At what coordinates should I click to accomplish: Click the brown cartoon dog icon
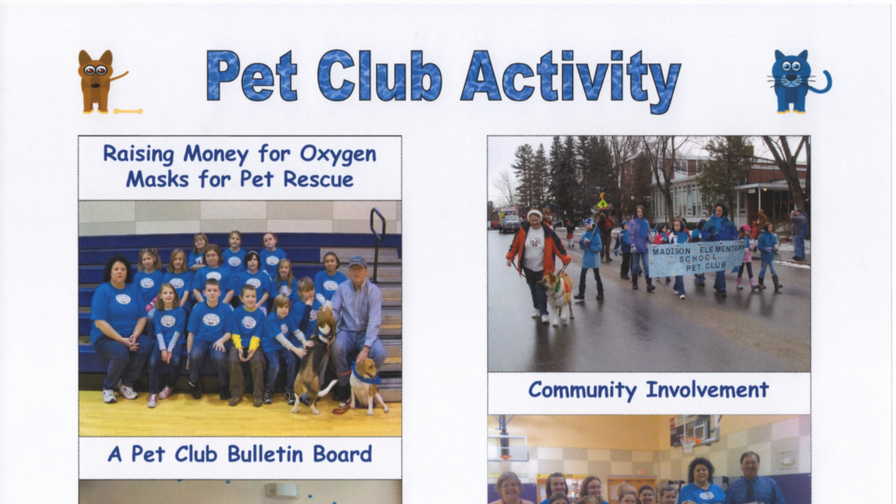click(98, 81)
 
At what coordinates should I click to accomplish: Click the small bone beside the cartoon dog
click(128, 111)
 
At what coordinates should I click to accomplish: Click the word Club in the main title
click(380, 76)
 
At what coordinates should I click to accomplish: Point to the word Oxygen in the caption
click(338, 154)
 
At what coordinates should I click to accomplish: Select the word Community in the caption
click(581, 390)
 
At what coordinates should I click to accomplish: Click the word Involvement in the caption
click(707, 390)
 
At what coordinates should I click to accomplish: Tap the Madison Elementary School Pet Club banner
click(698, 259)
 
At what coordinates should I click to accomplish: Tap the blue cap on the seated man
click(357, 261)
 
